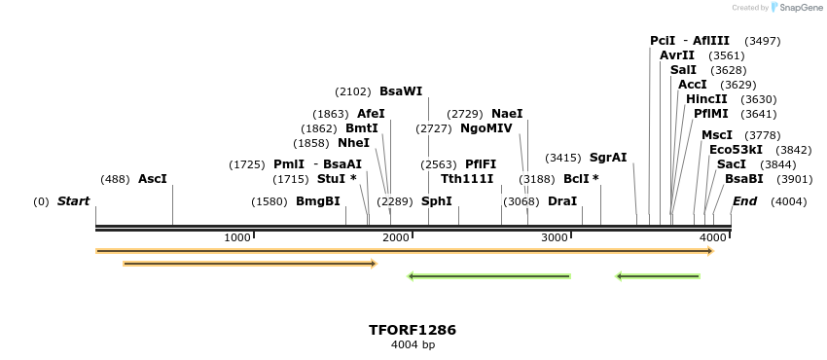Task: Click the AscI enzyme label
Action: pyautogui.click(x=153, y=179)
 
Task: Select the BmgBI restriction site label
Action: pyautogui.click(x=318, y=201)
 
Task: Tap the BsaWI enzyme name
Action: pyautogui.click(x=401, y=91)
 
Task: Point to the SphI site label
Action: pyautogui.click(x=436, y=201)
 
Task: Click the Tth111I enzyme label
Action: pyautogui.click(x=467, y=179)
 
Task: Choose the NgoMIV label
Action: pyautogui.click(x=485, y=128)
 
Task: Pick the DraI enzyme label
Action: pyautogui.click(x=562, y=201)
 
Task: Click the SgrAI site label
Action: pyautogui.click(x=608, y=158)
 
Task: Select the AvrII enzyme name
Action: pyautogui.click(x=677, y=55)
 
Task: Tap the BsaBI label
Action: pyautogui.click(x=744, y=179)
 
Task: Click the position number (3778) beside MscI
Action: pyautogui.click(x=762, y=135)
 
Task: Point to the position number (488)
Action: pyautogui.click(x=115, y=179)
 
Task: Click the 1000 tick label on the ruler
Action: pyautogui.click(x=237, y=238)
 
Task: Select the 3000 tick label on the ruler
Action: pyautogui.click(x=555, y=238)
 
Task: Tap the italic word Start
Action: pyautogui.click(x=73, y=201)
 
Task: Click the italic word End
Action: pyautogui.click(x=744, y=201)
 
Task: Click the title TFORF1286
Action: pyautogui.click(x=413, y=330)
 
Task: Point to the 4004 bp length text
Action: pyautogui.click(x=413, y=344)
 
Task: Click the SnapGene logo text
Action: pyautogui.click(x=801, y=8)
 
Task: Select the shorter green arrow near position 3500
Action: pyautogui.click(x=658, y=276)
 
